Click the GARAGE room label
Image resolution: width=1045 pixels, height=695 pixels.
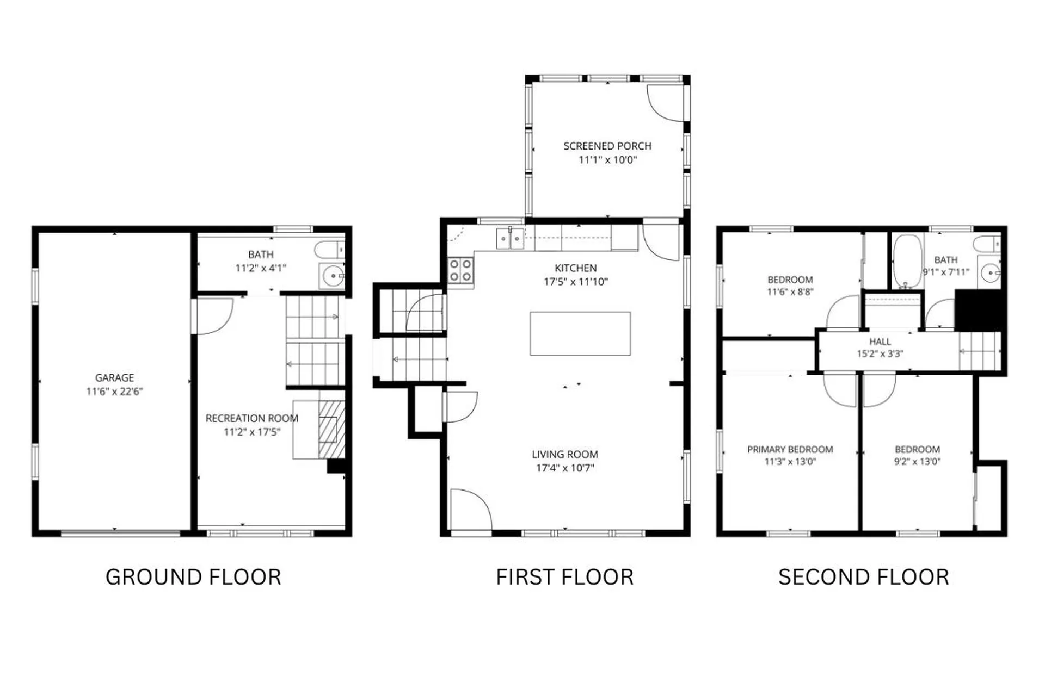(114, 377)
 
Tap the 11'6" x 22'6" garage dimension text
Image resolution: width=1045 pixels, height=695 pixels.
(114, 392)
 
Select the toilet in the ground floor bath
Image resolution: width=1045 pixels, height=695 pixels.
(329, 250)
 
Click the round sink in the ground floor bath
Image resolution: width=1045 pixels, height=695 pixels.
(332, 276)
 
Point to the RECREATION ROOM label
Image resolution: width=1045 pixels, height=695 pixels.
(251, 418)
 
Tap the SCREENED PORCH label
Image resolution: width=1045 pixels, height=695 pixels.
(607, 146)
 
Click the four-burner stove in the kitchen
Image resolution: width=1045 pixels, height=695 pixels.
(460, 271)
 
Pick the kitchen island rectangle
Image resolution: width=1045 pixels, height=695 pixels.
(580, 333)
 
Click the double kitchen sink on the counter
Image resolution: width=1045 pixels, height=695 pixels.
(510, 239)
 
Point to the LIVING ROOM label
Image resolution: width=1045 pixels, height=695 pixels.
(564, 454)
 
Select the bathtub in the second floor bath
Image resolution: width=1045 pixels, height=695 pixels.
(907, 261)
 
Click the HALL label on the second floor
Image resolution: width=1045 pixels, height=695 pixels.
(880, 342)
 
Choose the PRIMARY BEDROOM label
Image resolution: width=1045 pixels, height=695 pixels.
(790, 449)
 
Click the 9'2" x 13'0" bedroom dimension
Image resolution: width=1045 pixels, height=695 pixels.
(917, 462)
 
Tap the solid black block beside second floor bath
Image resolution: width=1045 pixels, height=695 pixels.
(978, 309)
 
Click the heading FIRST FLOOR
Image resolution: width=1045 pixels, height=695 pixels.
(564, 577)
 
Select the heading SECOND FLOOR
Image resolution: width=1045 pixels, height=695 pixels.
(863, 577)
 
